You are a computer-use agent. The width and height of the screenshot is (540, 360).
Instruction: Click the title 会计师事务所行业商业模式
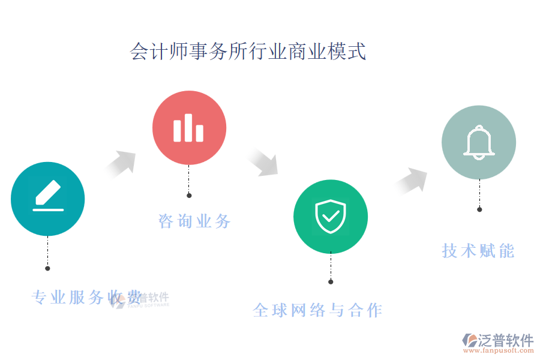(x=248, y=52)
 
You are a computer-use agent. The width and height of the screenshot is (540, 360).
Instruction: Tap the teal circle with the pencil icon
(x=48, y=199)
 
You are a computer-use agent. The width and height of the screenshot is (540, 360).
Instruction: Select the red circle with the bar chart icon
(x=189, y=128)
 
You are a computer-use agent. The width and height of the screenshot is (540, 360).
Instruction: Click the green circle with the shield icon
(x=331, y=217)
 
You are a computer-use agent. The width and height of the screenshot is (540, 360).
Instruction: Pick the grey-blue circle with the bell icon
(x=479, y=143)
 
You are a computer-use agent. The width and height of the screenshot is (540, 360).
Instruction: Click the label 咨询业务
(x=194, y=221)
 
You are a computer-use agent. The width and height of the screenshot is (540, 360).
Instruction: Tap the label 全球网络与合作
(x=317, y=310)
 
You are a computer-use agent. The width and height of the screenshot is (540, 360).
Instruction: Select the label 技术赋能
(x=478, y=251)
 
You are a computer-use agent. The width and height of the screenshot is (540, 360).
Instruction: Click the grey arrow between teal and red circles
(x=121, y=164)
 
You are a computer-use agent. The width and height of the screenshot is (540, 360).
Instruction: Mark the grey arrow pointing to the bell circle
(x=412, y=181)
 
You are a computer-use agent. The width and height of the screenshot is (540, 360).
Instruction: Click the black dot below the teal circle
(x=48, y=268)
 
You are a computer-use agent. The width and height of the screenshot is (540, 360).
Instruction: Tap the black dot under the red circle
(x=189, y=196)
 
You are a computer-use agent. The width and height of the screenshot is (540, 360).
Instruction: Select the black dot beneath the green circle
(x=331, y=281)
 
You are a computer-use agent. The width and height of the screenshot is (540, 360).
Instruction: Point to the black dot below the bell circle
(x=479, y=209)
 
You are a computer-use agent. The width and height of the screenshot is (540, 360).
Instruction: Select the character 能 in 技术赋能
(x=507, y=251)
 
